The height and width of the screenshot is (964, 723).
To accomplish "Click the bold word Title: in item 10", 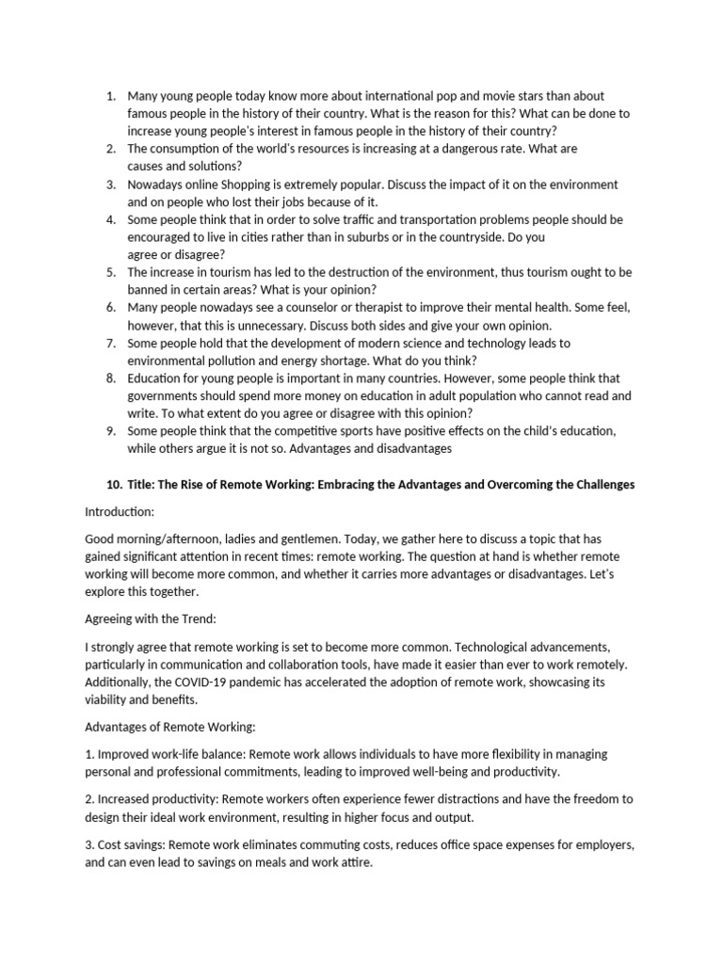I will coord(145,484).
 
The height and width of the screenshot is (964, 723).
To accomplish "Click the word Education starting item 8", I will coord(156,378).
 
